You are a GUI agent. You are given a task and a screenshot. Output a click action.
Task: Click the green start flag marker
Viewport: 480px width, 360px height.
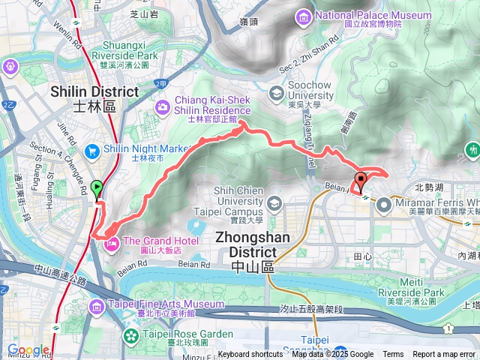click(x=97, y=187)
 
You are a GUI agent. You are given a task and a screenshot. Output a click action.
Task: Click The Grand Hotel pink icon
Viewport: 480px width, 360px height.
click(x=111, y=243)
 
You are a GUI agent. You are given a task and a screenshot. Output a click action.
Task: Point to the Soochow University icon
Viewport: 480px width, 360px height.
click(x=276, y=93)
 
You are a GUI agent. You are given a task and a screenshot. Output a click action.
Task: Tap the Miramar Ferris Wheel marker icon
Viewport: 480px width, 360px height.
click(x=384, y=203)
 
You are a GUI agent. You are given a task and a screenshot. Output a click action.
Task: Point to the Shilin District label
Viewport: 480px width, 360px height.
click(x=94, y=91)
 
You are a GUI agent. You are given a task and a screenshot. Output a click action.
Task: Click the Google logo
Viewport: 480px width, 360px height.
click(x=28, y=350)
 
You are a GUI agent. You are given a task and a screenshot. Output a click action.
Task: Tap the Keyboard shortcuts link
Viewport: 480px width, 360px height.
click(x=250, y=355)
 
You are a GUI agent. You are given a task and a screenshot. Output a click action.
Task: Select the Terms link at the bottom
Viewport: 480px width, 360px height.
click(x=393, y=355)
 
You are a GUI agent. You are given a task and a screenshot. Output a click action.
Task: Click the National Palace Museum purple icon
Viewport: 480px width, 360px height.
click(x=303, y=16)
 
